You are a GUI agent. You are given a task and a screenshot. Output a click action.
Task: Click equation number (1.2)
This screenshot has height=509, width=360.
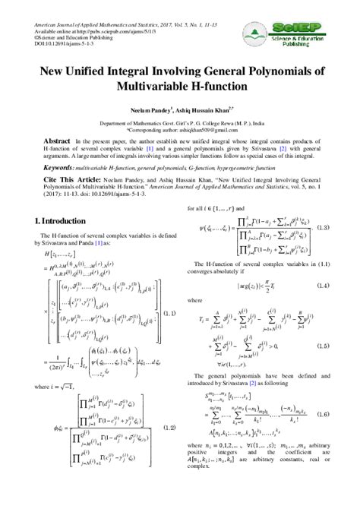pos(170,428)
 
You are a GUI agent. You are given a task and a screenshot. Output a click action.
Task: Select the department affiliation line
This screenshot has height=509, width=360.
pos(179,122)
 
